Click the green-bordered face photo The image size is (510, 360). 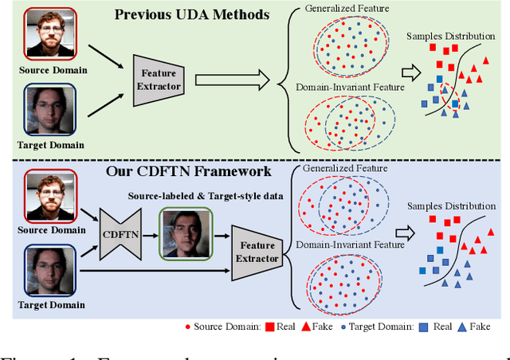pos(186,233)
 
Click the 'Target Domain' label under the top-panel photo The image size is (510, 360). pos(46,144)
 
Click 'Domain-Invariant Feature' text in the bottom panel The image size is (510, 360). pos(345,244)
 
